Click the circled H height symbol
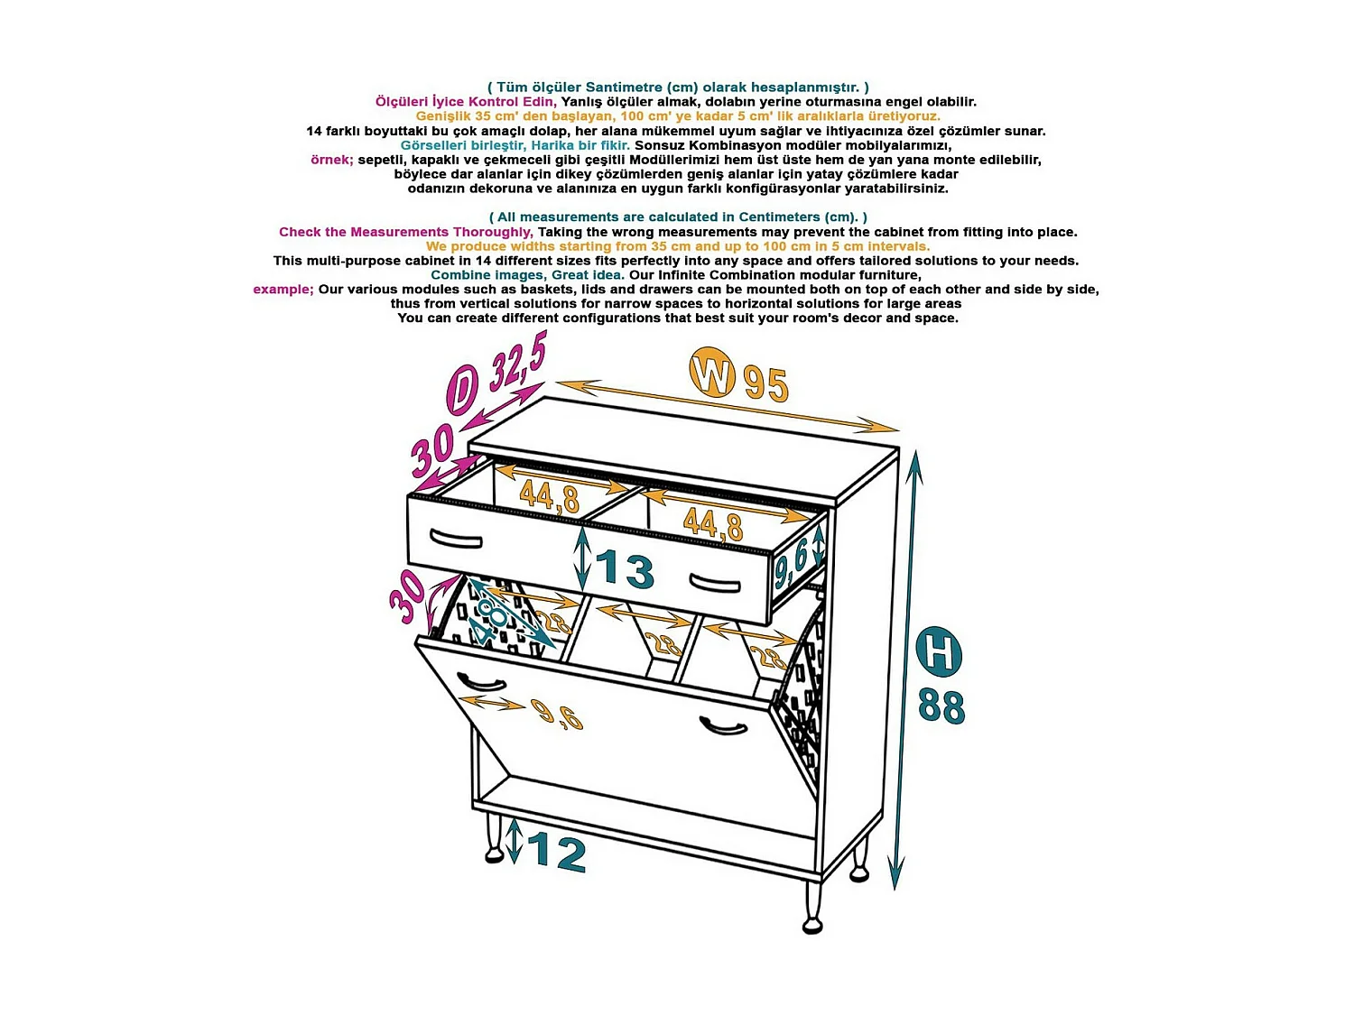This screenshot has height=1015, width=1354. (x=938, y=651)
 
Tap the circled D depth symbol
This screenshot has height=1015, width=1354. (x=462, y=390)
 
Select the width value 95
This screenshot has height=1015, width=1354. (x=765, y=384)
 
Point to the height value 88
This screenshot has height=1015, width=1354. (x=941, y=706)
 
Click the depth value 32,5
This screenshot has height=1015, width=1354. (x=518, y=361)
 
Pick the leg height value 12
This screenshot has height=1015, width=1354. (x=556, y=853)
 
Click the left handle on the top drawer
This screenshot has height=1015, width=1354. (x=456, y=539)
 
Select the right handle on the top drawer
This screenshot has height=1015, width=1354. (x=714, y=583)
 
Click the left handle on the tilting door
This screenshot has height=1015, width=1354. (x=481, y=681)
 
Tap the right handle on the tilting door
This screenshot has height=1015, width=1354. (x=724, y=726)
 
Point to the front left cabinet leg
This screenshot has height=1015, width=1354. (x=494, y=837)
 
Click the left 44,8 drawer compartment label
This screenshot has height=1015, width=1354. (x=549, y=497)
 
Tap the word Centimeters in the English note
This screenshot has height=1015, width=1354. (x=783, y=217)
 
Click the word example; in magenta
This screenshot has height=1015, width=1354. (x=283, y=289)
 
